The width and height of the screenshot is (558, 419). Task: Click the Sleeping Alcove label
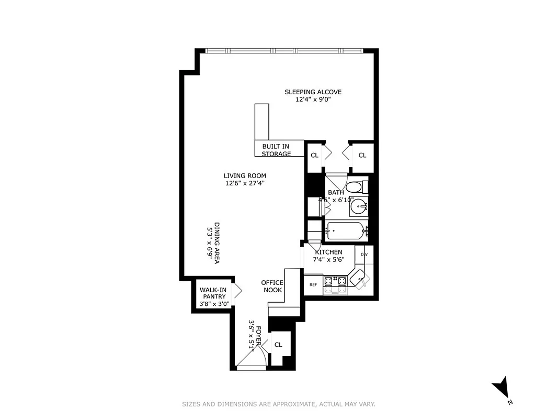pos(313,92)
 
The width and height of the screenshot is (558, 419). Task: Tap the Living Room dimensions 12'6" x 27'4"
pos(245,183)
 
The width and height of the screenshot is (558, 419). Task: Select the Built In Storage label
pos(276,150)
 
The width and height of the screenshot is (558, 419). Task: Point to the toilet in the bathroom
pos(357,187)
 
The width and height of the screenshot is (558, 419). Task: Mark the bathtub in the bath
pos(345,231)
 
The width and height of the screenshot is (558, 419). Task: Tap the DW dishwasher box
pos(364,255)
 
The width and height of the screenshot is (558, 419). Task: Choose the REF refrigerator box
pos(313,285)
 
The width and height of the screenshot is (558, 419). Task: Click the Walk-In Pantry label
pos(211,296)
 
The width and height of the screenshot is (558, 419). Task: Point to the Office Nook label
pos(272,286)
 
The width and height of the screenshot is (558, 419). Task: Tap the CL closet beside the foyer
pos(278,345)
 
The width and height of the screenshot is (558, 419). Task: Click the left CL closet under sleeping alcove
pos(314,155)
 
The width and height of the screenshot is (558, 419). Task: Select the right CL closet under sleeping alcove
pos(362,155)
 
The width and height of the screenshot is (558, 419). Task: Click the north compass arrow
pos(502,388)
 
